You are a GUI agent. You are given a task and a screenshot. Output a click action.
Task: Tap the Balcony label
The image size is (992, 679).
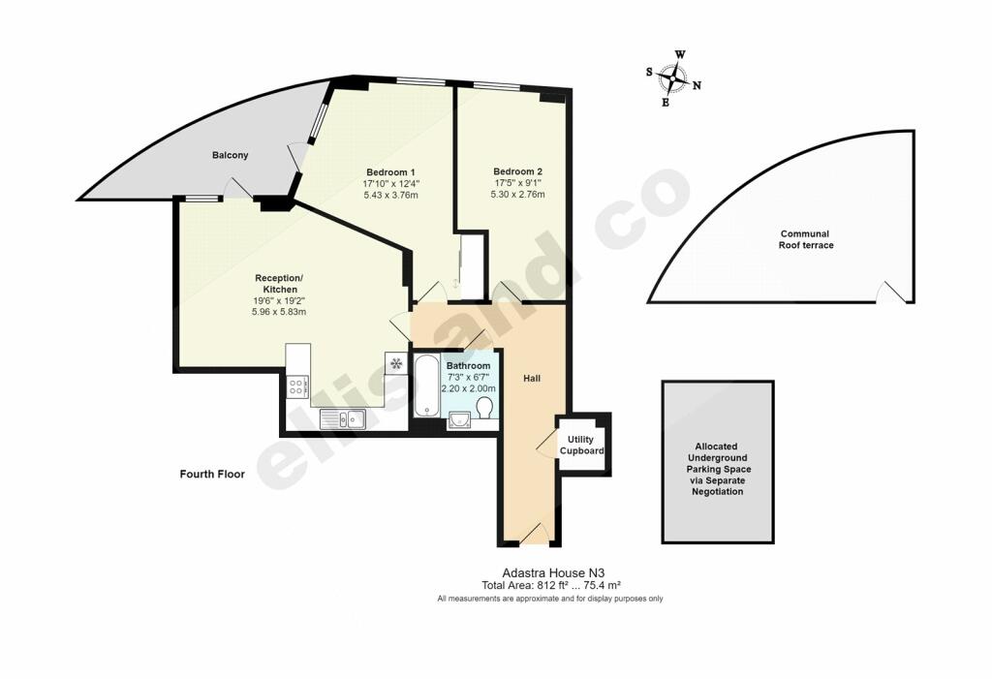click(231, 155)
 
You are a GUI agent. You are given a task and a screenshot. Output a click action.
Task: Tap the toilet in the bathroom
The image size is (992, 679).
click(484, 408)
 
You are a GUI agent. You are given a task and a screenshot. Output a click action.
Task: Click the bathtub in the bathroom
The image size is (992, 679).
click(426, 385)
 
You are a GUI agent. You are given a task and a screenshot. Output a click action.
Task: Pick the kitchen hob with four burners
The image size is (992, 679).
click(297, 387)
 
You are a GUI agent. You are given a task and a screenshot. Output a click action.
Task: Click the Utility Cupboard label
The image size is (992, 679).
click(584, 446)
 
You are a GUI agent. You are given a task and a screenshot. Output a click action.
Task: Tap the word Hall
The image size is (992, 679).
click(532, 378)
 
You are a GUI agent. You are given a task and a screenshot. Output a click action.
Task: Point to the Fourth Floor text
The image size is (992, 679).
click(212, 475)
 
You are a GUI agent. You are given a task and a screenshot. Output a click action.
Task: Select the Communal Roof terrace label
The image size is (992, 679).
click(805, 239)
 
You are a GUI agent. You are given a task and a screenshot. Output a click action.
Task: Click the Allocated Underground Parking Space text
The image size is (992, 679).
click(718, 462)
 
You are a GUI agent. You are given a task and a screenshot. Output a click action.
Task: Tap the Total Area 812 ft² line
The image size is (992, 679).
click(550, 586)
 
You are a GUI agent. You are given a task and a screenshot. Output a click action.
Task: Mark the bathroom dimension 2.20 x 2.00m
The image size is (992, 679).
click(468, 388)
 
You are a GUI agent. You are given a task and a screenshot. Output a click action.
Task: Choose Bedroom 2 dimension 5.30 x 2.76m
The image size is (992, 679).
click(517, 194)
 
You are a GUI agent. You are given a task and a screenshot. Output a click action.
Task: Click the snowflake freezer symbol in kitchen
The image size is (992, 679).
click(396, 364)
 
